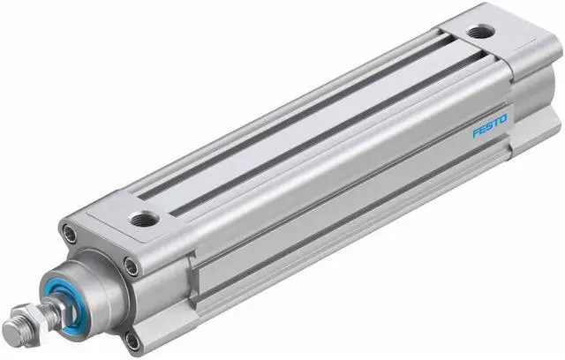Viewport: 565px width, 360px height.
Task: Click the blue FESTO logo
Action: coord(490,126)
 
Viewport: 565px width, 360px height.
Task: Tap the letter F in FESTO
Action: coord(476,133)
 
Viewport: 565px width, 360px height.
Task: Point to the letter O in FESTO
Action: coord(504,118)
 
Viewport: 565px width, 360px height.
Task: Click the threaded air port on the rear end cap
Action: coord(480,32)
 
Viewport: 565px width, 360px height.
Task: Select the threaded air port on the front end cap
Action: coord(144,217)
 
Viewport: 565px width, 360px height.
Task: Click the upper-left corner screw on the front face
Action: coord(70,234)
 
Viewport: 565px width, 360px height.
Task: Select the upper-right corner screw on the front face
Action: coord(130,266)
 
